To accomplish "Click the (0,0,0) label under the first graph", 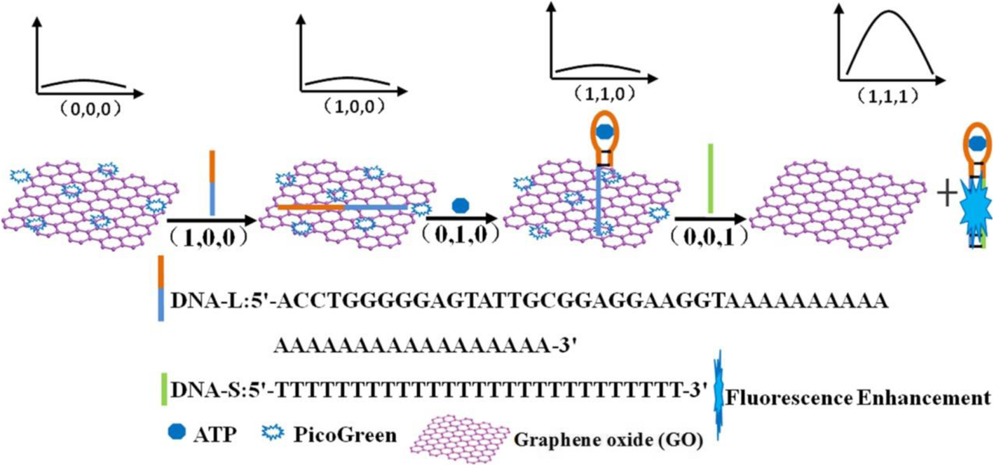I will (x=86, y=109).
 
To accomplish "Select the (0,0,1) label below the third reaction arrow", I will (x=709, y=233).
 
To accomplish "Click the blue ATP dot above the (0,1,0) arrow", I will (x=460, y=205).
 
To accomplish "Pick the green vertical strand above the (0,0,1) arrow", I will (x=710, y=178).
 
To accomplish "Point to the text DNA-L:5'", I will (x=210, y=303).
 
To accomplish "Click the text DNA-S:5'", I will (x=210, y=389).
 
